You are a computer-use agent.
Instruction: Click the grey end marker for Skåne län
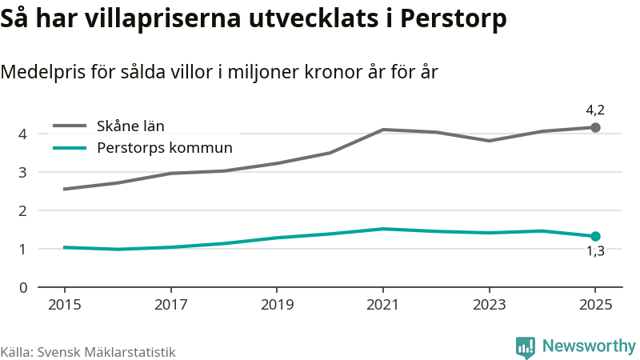[595, 127]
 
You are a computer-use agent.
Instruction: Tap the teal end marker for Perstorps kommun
[595, 236]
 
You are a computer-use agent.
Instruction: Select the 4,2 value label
[595, 110]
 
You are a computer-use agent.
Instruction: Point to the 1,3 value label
[595, 251]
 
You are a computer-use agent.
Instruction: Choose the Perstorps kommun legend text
[165, 147]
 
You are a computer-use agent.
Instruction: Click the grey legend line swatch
[69, 126]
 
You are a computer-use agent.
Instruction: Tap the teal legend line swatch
[69, 147]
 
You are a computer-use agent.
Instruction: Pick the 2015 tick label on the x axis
[64, 304]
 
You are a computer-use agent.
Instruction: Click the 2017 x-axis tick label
[170, 304]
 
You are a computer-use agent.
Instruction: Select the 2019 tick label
[277, 304]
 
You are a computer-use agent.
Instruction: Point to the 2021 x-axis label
[383, 304]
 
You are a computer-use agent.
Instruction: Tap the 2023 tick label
[490, 304]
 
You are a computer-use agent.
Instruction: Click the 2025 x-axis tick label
[595, 304]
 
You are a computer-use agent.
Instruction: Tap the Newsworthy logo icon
[526, 346]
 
